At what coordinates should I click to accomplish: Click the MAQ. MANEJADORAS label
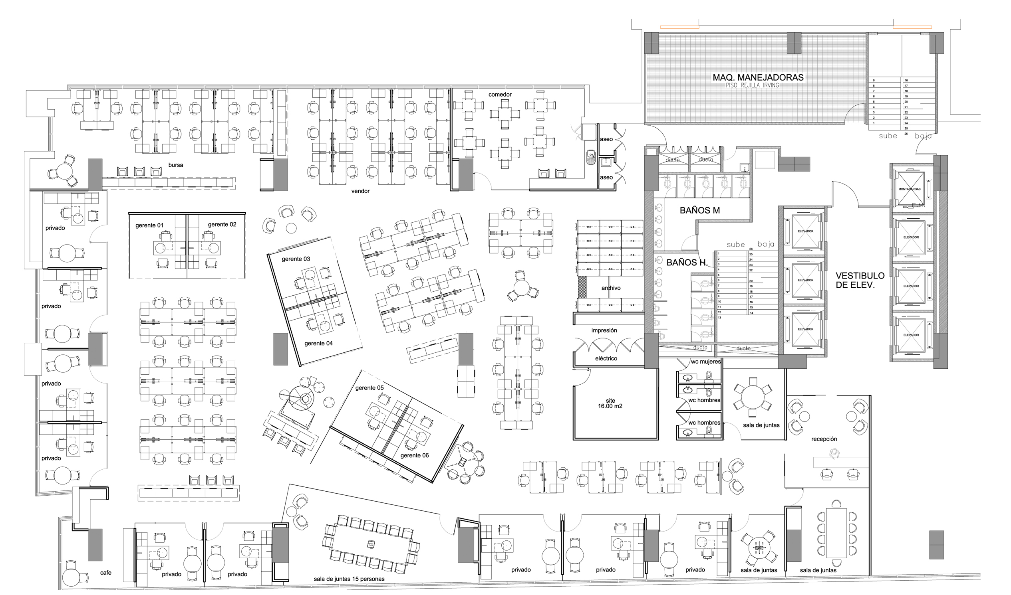(758, 77)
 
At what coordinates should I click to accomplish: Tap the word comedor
(500, 95)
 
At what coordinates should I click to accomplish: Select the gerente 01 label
(149, 225)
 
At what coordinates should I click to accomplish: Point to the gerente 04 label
(318, 343)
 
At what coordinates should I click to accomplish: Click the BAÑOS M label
(699, 210)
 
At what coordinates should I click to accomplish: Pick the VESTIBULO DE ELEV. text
(860, 280)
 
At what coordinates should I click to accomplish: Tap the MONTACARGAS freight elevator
(910, 189)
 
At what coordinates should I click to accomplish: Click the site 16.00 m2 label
(610, 403)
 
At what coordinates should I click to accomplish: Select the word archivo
(610, 288)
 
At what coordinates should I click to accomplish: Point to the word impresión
(604, 330)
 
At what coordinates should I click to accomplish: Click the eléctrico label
(606, 358)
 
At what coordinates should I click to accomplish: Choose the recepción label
(824, 439)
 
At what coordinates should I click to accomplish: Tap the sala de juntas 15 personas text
(349, 579)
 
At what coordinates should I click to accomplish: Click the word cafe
(105, 573)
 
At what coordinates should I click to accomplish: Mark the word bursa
(175, 165)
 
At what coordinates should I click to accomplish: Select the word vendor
(360, 191)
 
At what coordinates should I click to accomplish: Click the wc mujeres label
(705, 362)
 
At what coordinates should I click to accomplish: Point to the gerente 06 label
(414, 455)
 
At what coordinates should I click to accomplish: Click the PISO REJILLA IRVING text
(752, 85)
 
